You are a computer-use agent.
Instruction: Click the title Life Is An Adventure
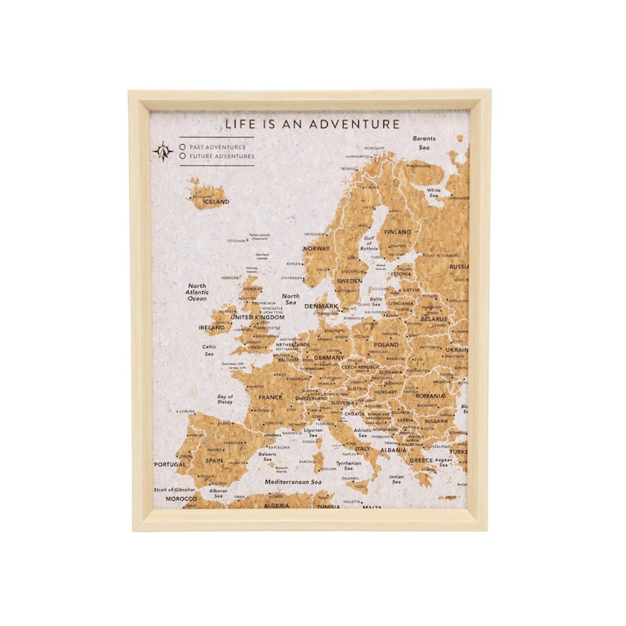tap(312, 124)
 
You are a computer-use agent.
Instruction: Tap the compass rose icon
tap(163, 151)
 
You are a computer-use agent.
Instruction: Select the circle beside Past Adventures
tap(182, 146)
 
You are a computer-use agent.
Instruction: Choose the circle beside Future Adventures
tap(182, 156)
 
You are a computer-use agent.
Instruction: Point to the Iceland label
tap(216, 202)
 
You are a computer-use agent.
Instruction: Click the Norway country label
tap(316, 249)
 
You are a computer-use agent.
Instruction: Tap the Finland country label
tap(397, 232)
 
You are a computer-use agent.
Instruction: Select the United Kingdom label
tap(257, 318)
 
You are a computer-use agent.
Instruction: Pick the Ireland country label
tap(211, 328)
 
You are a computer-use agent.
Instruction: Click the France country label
tap(270, 398)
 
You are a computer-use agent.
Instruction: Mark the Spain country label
tap(214, 461)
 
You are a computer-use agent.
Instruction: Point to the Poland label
tap(386, 345)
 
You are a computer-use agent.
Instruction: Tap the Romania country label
tap(430, 396)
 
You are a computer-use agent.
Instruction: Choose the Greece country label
tap(421, 460)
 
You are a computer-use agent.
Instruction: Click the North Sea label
tap(291, 300)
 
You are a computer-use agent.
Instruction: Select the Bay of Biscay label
tap(225, 400)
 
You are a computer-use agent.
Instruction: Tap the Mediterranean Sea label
tap(293, 482)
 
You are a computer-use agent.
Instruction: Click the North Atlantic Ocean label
tap(197, 292)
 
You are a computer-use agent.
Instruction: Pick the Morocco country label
tap(181, 498)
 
